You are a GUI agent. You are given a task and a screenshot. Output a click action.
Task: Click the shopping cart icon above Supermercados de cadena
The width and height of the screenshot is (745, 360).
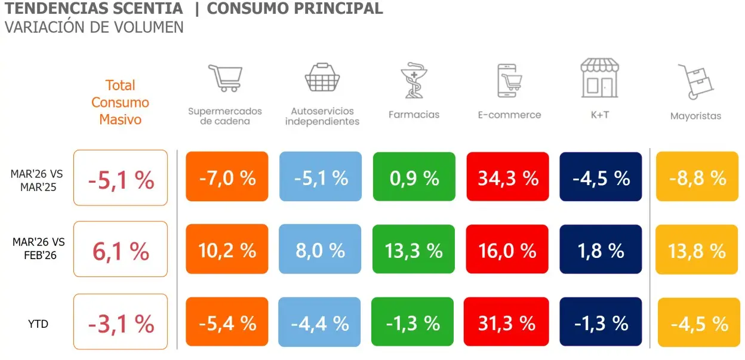pos(225,78)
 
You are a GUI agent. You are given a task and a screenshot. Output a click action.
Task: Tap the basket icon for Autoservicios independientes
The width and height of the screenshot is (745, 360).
pos(322,77)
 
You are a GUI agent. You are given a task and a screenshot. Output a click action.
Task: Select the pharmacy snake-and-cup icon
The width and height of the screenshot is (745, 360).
pos(414,79)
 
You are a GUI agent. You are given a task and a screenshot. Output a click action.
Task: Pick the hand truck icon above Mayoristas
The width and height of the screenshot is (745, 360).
pos(695,82)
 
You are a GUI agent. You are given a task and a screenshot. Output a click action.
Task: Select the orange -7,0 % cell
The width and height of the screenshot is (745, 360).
pos(227,178)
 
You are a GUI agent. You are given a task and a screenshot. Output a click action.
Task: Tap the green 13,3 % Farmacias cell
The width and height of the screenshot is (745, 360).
pos(414,250)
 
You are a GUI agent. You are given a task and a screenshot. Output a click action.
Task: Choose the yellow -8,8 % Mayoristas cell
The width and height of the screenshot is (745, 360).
pos(697,178)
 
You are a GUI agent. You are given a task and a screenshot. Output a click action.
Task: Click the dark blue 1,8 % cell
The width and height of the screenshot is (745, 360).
pos(601,250)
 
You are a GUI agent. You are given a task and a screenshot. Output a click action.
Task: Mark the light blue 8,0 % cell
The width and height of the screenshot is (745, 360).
pos(320,250)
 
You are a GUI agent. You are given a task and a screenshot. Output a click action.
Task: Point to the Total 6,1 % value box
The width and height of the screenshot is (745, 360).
pos(121,251)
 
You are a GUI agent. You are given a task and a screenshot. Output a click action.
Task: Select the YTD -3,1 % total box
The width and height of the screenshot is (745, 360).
pos(121,323)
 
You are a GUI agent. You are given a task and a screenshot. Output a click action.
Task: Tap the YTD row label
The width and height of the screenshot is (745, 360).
pos(38,324)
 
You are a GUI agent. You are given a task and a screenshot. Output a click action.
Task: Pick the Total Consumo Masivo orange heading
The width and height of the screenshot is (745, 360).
pos(120,102)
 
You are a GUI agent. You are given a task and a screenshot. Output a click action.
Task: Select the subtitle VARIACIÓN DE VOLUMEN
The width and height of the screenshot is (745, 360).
pos(94,27)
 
